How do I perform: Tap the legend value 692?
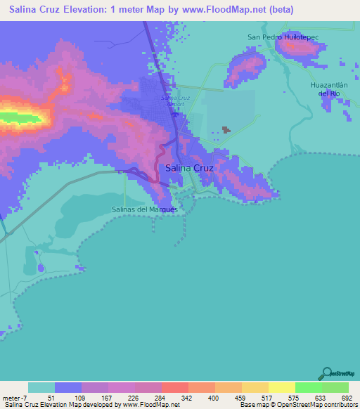(342, 398)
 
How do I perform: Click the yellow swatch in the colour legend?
(281, 387)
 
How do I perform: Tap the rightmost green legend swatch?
(335, 387)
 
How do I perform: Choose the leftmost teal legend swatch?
(41, 387)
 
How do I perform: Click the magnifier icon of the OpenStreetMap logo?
(326, 372)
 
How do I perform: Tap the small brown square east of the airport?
(226, 129)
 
